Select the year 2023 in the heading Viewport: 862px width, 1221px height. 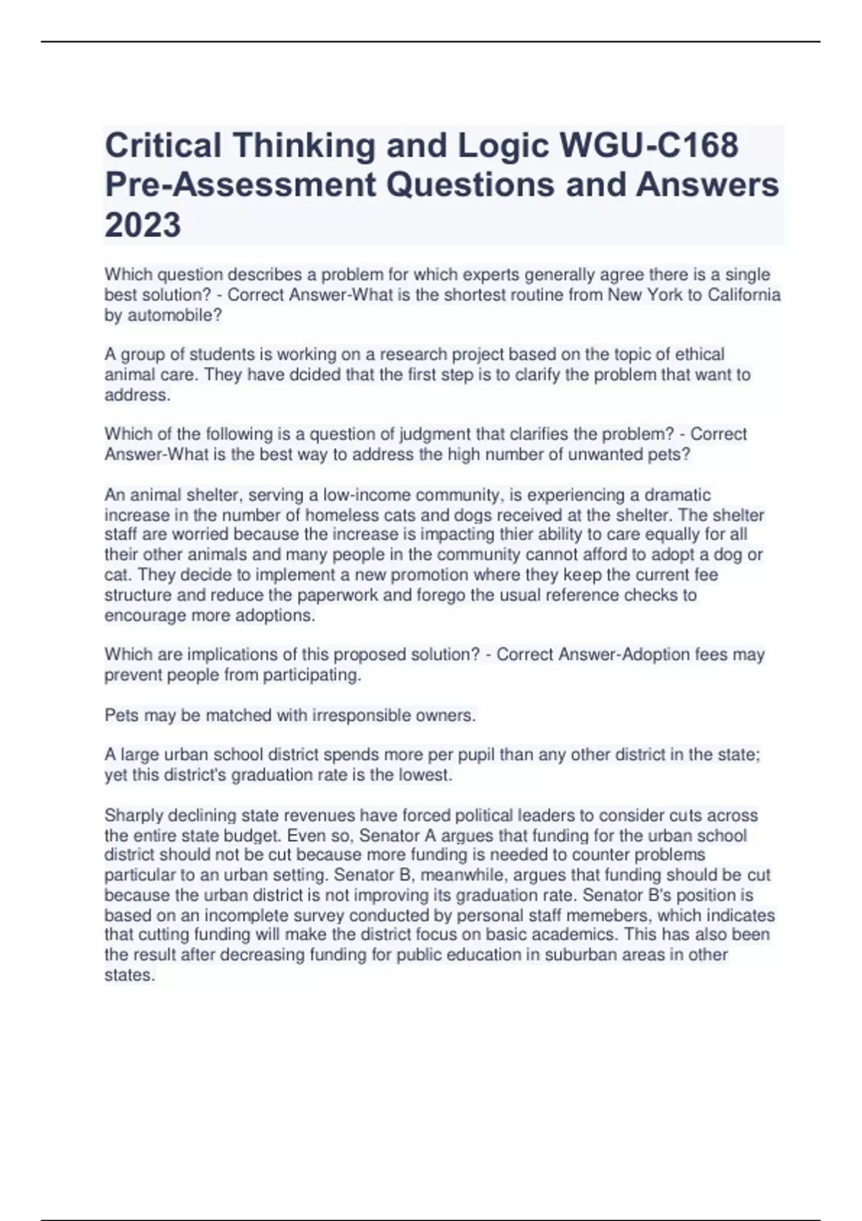coord(143,226)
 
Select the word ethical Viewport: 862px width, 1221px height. coord(697,354)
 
